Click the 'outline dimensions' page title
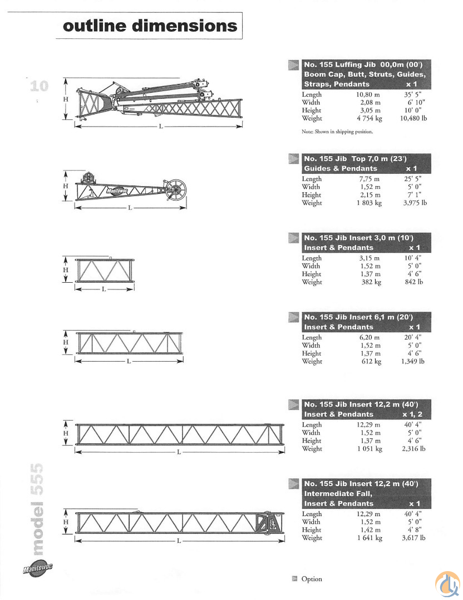click(150, 26)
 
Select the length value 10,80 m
click(368, 94)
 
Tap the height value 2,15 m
click(370, 195)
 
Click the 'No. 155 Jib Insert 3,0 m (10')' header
click(359, 238)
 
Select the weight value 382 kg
click(371, 282)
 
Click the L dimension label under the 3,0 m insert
click(104, 289)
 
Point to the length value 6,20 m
click(369, 337)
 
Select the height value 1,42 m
click(370, 530)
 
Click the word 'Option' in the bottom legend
click(312, 579)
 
